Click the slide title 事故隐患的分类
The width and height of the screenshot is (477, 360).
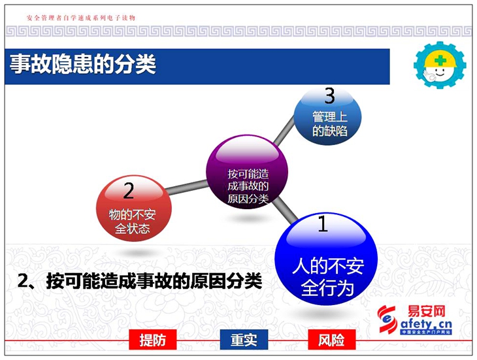(83, 64)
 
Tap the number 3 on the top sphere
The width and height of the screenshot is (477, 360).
(329, 95)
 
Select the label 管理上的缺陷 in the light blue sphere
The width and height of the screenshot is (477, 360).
(330, 124)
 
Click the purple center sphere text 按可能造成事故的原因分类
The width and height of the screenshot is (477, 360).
(248, 186)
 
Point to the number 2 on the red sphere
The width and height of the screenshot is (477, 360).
(128, 191)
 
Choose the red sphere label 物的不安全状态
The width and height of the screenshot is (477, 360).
(133, 221)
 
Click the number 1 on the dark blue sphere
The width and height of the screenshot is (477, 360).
(322, 223)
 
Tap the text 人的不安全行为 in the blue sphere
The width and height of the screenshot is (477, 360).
(328, 277)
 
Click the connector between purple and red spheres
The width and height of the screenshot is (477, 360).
(187, 188)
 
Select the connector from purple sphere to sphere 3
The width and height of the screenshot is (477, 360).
(284, 131)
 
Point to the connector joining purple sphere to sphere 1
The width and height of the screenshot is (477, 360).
(285, 210)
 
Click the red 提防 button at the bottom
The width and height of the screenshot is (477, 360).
(153, 340)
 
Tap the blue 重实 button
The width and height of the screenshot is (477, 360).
(244, 340)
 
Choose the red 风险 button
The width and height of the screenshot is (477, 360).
(331, 340)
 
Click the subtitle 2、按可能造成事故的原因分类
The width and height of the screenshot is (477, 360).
(140, 281)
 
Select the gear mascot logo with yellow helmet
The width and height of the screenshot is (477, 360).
(440, 65)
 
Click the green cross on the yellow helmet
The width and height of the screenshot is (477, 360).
(440, 60)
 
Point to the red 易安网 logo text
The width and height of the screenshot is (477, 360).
(426, 312)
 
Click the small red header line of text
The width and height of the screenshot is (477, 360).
(81, 18)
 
